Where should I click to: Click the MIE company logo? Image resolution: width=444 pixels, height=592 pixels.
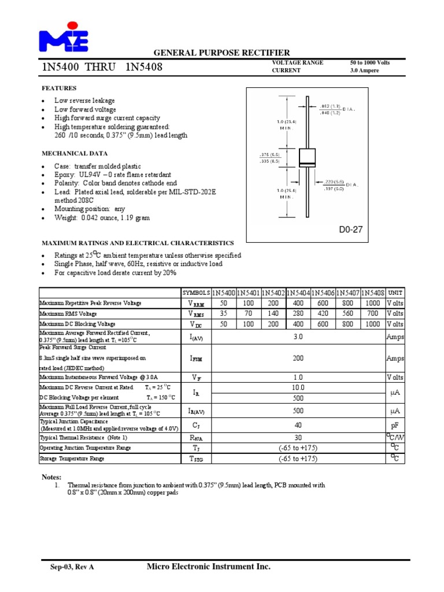point(64,37)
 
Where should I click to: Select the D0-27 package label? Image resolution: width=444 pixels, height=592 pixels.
point(350,230)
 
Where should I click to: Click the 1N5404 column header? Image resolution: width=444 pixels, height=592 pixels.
point(298,293)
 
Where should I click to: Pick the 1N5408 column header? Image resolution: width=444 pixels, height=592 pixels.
point(373,293)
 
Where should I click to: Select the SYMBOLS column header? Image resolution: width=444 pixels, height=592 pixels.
point(197,293)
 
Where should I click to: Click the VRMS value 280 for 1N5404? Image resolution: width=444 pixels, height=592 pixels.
point(298,314)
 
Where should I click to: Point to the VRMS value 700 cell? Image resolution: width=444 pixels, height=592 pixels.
point(373,314)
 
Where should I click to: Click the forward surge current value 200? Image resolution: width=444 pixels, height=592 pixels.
point(298,358)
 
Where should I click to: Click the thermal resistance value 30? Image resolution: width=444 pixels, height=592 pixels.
point(298,438)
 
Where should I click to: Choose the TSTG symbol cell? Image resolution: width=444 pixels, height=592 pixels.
point(197,459)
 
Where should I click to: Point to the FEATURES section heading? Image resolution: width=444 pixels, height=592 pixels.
point(60,88)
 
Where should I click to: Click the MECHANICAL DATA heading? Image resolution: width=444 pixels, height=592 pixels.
point(75,154)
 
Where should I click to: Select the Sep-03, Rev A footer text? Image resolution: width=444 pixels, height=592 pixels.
point(72,568)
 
